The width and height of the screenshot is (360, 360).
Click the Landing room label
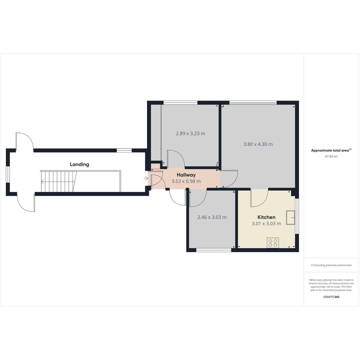pos(79,164)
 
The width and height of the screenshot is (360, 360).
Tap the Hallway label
pos(186,175)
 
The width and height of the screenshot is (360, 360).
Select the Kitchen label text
pos(266,217)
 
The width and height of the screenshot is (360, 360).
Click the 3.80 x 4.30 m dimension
pos(258,144)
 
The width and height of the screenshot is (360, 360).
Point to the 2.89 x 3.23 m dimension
pos(190,133)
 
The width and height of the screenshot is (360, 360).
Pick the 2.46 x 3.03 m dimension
pos(212,217)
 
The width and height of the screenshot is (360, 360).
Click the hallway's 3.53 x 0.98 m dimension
pos(186,181)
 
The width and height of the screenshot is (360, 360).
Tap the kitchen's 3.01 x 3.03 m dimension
pos(266,223)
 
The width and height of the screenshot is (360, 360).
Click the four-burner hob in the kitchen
pos(273,243)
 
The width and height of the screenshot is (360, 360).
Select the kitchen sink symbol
pos(290,217)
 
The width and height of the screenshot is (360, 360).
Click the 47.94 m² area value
pos(331,157)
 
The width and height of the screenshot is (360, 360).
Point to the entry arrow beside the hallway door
pos(146,178)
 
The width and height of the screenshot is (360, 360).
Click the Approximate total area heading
pos(331,150)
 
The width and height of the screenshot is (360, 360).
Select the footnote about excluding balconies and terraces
pos(331,265)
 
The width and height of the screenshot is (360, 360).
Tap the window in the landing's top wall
pos(124,150)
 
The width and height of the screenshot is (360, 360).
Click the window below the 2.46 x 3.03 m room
pos(214,250)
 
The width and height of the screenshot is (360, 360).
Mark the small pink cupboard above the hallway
pos(155,166)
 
